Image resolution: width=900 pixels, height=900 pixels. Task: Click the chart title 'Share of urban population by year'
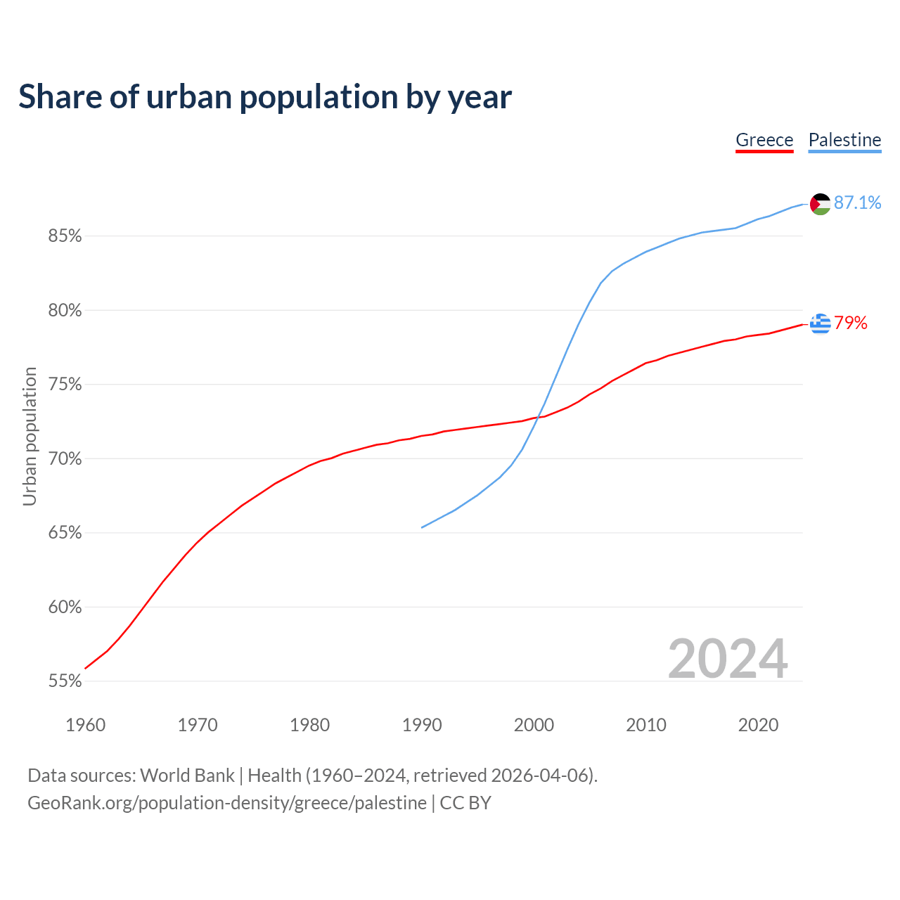pos(265,97)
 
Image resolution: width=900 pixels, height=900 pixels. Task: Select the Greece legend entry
pos(764,140)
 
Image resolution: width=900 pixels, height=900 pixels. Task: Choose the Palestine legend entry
pos(844,140)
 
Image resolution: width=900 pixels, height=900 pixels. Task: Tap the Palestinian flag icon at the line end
pos(821,204)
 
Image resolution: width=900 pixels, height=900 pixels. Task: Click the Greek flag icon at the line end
pos(821,323)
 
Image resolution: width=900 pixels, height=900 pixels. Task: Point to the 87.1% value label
pos(857,203)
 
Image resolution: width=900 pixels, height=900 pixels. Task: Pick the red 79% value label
pos(851,323)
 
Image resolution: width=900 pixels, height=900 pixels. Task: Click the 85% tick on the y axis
pos(65,236)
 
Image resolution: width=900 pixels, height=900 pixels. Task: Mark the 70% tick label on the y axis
pos(65,459)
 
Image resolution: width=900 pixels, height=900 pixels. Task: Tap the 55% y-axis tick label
pos(65,681)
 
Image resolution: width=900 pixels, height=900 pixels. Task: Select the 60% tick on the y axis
pos(65,607)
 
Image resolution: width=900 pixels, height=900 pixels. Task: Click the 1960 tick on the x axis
pos(85,725)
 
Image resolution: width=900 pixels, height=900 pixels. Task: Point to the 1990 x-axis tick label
pos(422,725)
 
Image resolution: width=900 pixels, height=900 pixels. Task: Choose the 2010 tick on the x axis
pos(646,725)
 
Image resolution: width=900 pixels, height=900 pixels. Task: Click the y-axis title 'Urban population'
pos(30,436)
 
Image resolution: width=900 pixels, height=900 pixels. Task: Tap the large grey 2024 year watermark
pos(728,659)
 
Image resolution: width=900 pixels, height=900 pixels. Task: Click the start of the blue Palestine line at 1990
pos(422,527)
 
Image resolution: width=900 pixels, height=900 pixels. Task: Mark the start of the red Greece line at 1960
pos(85,668)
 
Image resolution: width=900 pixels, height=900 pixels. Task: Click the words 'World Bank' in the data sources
pos(187,776)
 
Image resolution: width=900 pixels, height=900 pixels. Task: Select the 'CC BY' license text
pos(465,803)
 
